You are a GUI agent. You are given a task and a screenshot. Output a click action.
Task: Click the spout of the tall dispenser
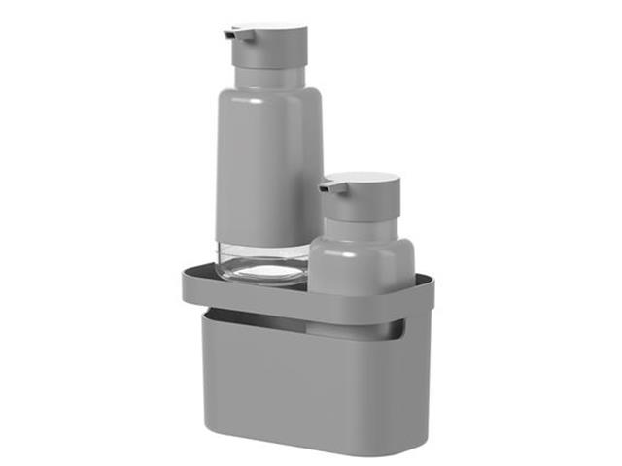coord(230,34)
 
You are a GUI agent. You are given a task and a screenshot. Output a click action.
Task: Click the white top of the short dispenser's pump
coord(362,180)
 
